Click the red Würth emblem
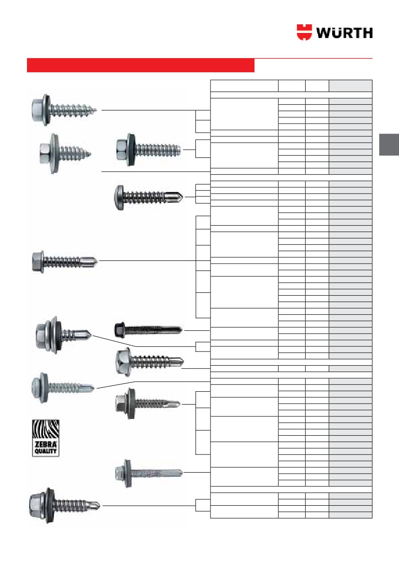304,32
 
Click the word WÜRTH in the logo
344,32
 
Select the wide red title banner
140,65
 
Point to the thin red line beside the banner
313,59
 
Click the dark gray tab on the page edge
389,145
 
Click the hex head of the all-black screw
119,329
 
